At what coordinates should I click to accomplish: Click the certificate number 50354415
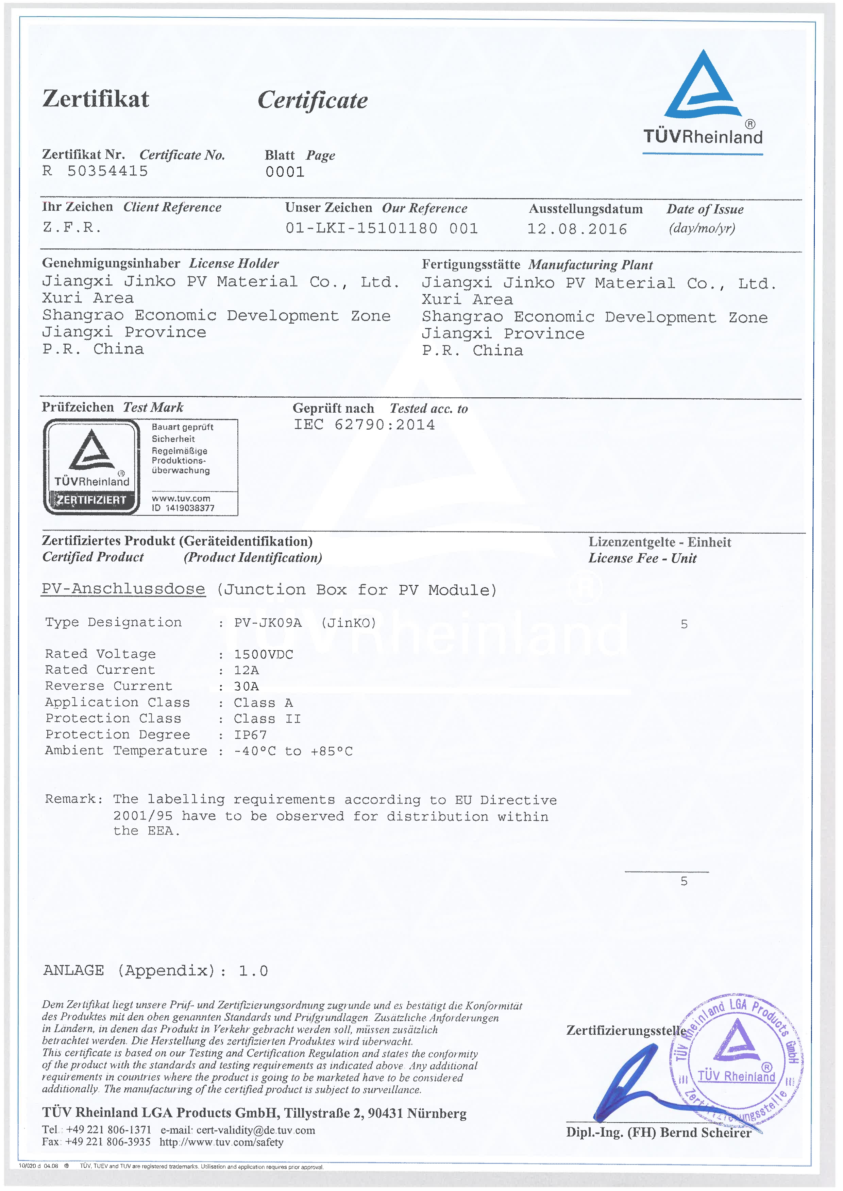pyautogui.click(x=107, y=171)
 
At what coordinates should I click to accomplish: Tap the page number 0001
pyautogui.click(x=285, y=172)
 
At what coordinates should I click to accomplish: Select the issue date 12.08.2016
pyautogui.click(x=577, y=229)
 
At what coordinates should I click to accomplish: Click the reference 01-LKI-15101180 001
pyautogui.click(x=382, y=228)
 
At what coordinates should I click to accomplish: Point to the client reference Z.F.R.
pyautogui.click(x=72, y=227)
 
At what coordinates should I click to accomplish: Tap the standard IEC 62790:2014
pyautogui.click(x=365, y=425)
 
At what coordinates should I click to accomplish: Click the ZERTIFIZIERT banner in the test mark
pyautogui.click(x=91, y=500)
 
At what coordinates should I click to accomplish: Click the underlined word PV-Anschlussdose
pyautogui.click(x=123, y=589)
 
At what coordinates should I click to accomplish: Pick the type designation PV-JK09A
pyautogui.click(x=268, y=622)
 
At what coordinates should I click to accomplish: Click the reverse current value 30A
pyautogui.click(x=246, y=686)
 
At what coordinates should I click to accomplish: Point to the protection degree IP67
pyautogui.click(x=250, y=735)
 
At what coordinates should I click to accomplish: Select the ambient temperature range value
pyautogui.click(x=293, y=751)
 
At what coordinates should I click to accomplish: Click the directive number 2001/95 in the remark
pyautogui.click(x=143, y=816)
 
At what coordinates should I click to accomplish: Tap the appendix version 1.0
pyautogui.click(x=253, y=970)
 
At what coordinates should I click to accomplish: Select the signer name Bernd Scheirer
pyautogui.click(x=705, y=1133)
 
